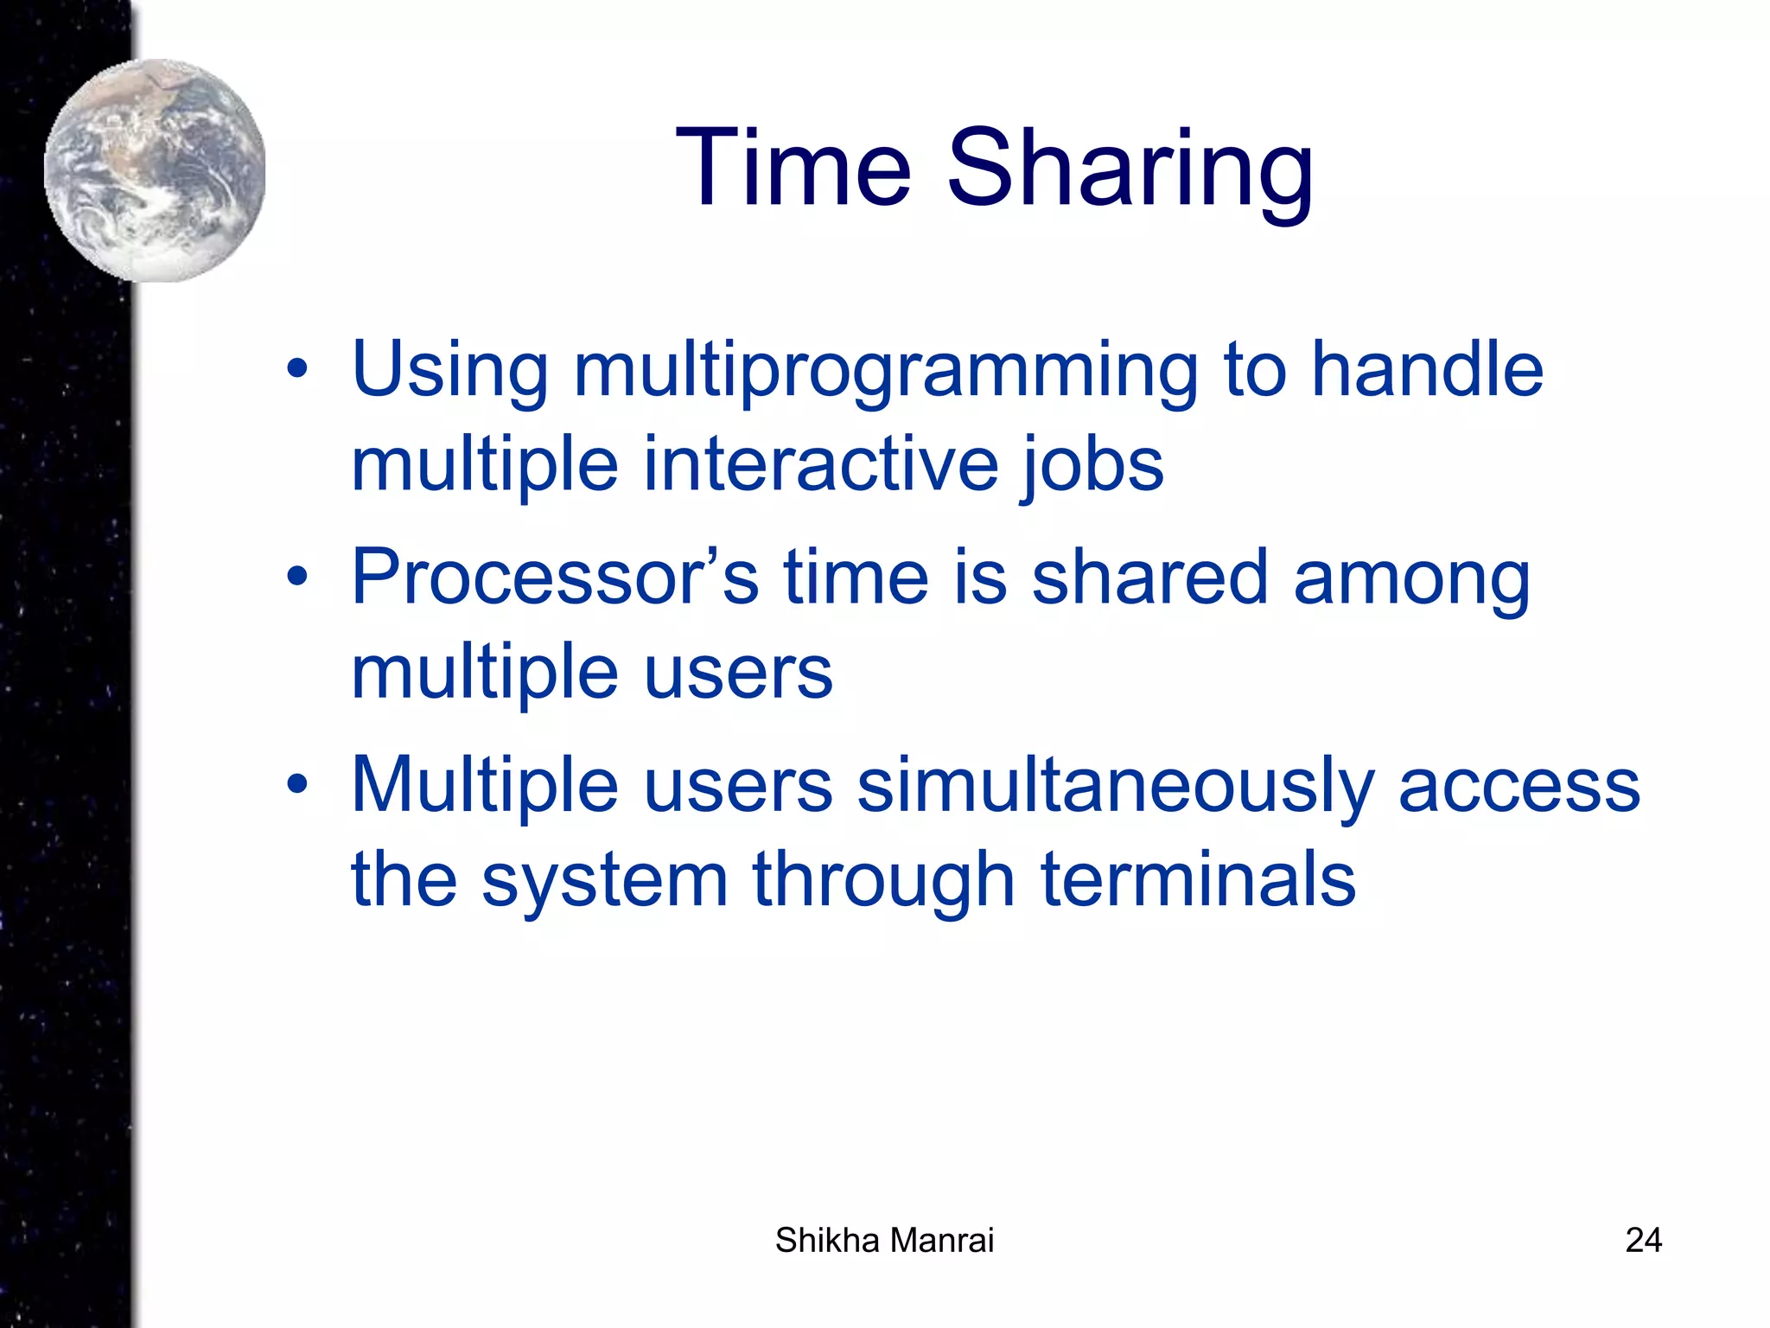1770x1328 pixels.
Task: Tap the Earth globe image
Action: click(155, 170)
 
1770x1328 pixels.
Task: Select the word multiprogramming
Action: click(886, 372)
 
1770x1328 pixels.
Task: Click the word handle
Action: click(1427, 370)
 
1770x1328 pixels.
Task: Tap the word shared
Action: click(1149, 578)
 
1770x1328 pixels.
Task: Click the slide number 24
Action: click(1643, 1240)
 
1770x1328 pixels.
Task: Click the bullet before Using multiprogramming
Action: click(297, 370)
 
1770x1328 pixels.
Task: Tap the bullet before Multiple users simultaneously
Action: click(297, 785)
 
